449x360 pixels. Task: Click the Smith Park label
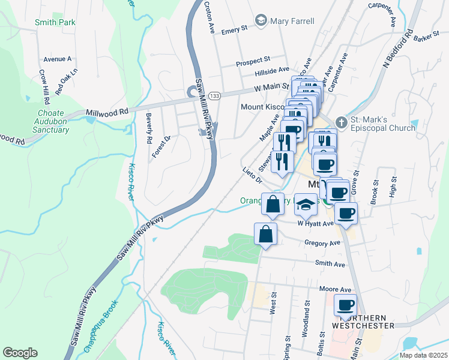pos(55,22)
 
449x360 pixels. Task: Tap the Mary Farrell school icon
pos(261,21)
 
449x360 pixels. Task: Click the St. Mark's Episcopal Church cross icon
pos(342,122)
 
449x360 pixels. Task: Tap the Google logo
pos(20,352)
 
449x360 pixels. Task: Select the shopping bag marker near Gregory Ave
pos(265,235)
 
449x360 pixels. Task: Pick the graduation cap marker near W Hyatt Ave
pos(306,205)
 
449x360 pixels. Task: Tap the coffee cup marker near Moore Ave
pos(346,305)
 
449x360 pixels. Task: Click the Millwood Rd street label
pos(107,112)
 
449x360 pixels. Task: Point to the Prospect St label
pos(253,61)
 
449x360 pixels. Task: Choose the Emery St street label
pos(235,29)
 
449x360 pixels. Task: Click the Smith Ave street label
pos(331,263)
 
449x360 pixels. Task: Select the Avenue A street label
pos(58,59)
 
